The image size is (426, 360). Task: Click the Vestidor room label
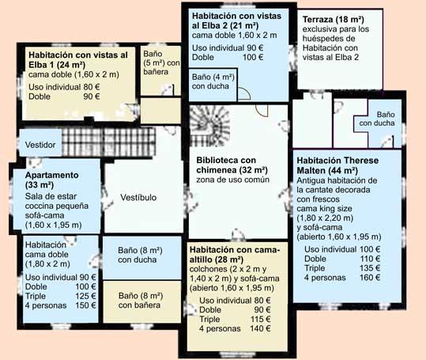coord(40,145)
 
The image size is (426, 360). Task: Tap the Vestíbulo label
coord(138,197)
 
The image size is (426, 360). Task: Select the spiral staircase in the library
coord(209,126)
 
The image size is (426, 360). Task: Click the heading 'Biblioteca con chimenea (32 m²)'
coord(232,165)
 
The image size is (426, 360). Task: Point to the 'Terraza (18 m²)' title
coord(333,20)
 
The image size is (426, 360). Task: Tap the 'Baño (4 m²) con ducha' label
coord(213,81)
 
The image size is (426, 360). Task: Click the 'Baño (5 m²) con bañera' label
coord(162,63)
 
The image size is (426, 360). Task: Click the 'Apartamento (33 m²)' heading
coord(51,180)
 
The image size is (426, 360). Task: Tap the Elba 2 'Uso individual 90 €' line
coord(228,47)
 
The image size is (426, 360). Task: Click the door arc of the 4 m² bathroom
coord(246,93)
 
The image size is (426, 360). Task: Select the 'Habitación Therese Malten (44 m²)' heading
coord(337,165)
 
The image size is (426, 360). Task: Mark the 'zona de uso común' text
coord(233,180)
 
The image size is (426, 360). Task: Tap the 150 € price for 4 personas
coord(86,305)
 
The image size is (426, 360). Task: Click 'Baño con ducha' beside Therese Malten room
coord(377,119)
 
